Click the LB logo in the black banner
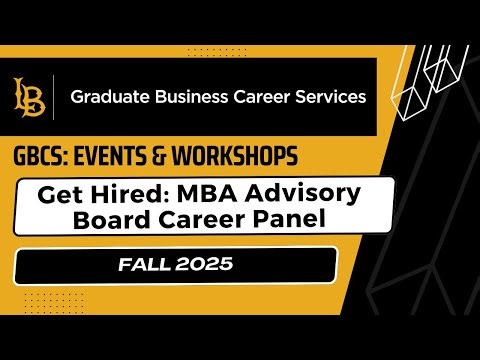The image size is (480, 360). point(28,98)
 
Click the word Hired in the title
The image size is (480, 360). point(127,192)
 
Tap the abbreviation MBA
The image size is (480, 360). point(200,192)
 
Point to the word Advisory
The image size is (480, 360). point(290,192)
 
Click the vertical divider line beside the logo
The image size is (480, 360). point(54,98)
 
